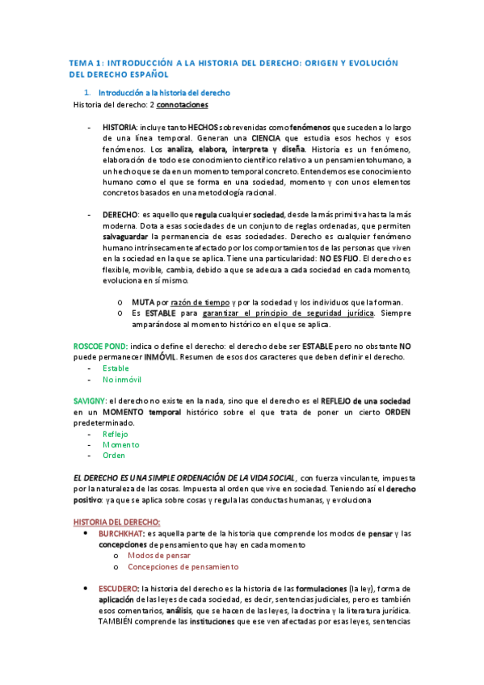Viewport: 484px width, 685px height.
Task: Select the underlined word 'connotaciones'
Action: [182, 104]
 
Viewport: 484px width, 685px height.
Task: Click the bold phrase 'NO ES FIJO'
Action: [339, 258]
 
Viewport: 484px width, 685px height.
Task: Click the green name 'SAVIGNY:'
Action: [90, 401]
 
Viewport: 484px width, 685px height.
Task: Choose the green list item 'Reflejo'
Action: [115, 434]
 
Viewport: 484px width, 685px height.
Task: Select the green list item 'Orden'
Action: [113, 455]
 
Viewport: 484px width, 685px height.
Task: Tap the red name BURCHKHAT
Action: [121, 534]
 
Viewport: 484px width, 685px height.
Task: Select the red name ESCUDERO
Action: [120, 589]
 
